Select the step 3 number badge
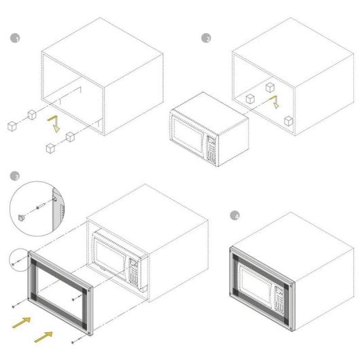pyautogui.click(x=15, y=176)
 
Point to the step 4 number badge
pyautogui.click(x=236, y=216)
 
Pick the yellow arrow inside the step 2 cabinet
pyautogui.click(x=274, y=102)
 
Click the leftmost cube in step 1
pyautogui.click(x=12, y=125)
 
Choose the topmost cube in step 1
pyautogui.click(x=31, y=113)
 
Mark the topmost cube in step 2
pyautogui.click(x=270, y=87)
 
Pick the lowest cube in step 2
pyautogui.click(x=288, y=122)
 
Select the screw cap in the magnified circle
pyautogui.click(x=22, y=218)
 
